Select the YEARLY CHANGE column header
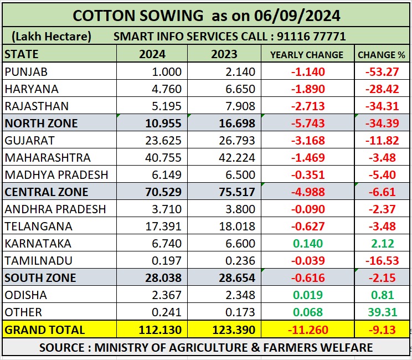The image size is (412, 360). pyautogui.click(x=306, y=55)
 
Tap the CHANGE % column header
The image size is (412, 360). pyautogui.click(x=381, y=55)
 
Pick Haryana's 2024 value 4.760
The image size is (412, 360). pyautogui.click(x=166, y=89)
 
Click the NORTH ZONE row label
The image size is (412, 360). pyautogui.click(x=41, y=124)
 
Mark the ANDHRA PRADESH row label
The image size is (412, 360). pyautogui.click(x=55, y=209)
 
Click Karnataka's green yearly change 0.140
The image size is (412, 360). pyautogui.click(x=310, y=244)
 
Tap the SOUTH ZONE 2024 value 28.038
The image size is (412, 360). pyautogui.click(x=163, y=278)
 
